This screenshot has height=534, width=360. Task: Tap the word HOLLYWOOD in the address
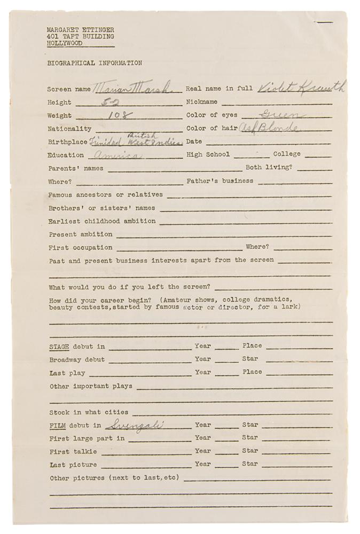coord(65,43)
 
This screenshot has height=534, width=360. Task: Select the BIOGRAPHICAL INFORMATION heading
coord(95,63)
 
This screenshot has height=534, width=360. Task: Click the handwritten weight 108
coord(118,115)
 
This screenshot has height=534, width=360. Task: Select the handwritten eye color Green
coord(281,115)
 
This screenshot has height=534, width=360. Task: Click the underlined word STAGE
coord(59,346)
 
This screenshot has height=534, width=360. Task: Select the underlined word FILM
coord(57,426)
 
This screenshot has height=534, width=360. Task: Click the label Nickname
coord(202,102)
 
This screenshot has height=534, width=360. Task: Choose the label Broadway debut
coord(77,359)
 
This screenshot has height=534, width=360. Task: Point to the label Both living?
coord(269,168)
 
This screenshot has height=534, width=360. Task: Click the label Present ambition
coord(80,234)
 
